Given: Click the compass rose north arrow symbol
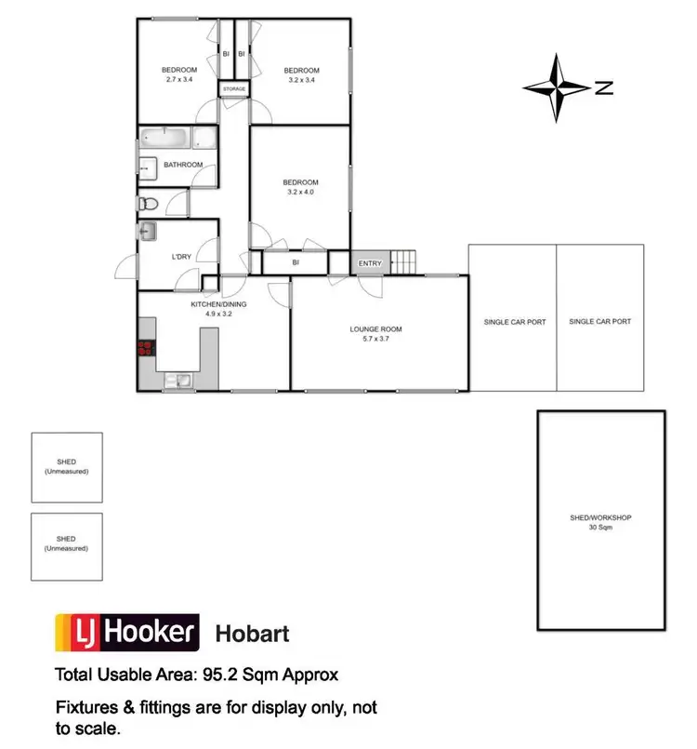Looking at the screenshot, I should point(557,88).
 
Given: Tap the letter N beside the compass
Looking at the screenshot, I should point(604,89).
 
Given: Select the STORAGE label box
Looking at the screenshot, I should point(234,89).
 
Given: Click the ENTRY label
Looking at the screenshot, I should point(370,264).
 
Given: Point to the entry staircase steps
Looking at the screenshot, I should point(403,262).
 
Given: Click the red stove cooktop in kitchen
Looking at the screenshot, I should point(146,350).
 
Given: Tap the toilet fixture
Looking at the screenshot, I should point(147,203).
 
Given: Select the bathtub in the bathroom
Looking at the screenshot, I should point(167,140).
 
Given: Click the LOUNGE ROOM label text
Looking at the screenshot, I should point(375,329).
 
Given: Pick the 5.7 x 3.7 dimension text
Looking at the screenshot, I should point(375,339).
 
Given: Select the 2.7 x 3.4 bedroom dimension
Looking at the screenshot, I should point(179,80).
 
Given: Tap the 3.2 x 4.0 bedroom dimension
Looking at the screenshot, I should point(301,193).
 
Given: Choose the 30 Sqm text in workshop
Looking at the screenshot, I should point(600,528).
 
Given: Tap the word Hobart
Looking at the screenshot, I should point(252,634).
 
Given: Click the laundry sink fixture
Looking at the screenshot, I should point(148,232).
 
